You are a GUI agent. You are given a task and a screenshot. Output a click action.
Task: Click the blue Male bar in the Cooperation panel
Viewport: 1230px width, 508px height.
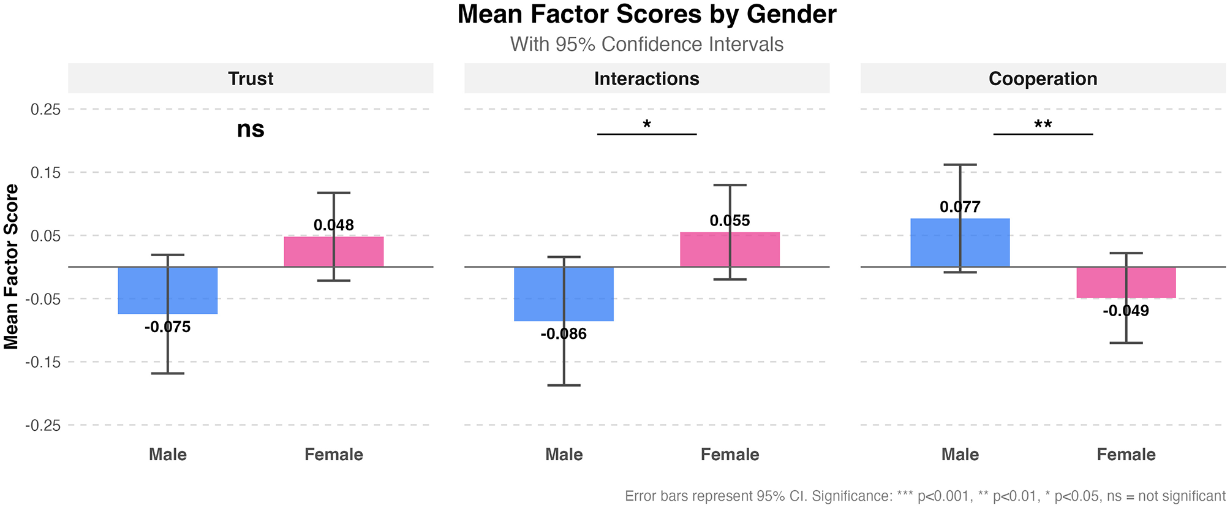[937, 243]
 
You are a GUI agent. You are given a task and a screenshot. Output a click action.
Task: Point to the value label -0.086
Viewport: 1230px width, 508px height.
[564, 335]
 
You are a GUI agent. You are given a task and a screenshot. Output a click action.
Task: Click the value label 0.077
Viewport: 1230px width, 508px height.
[960, 207]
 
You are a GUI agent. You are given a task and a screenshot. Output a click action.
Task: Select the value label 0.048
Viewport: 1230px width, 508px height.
[334, 226]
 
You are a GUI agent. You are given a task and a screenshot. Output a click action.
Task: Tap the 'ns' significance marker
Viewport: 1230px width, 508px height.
[251, 129]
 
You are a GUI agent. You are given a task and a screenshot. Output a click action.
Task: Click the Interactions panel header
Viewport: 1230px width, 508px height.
[647, 78]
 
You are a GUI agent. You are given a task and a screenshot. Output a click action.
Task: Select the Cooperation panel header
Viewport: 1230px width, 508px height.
[1043, 78]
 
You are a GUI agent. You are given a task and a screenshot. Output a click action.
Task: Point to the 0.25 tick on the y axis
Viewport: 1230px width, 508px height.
[45, 110]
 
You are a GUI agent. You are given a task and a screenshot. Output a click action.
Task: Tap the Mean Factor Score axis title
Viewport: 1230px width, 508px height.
[12, 267]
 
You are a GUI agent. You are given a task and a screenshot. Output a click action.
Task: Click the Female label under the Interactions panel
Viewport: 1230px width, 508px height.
[730, 455]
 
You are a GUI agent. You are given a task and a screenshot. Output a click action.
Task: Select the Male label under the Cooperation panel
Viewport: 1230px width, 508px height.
[960, 455]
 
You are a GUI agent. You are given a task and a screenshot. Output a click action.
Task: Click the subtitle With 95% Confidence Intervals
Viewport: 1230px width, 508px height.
[647, 45]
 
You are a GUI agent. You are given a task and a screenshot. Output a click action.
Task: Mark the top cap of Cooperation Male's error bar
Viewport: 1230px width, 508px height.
[960, 165]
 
